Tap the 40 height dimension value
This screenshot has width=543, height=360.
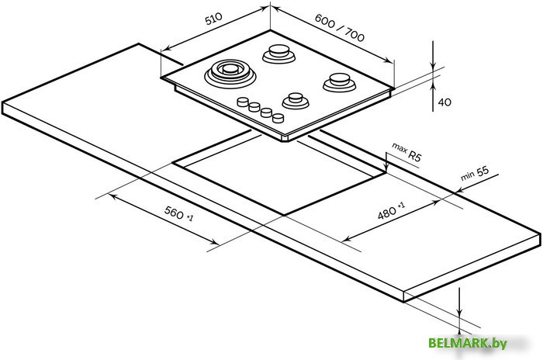tap(444, 102)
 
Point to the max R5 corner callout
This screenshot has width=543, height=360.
tap(406, 151)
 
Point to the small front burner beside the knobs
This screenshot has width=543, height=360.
tap(296, 99)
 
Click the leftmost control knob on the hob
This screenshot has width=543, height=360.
tap(244, 102)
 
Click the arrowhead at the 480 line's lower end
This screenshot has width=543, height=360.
tap(344, 239)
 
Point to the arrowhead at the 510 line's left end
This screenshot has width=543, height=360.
tap(164, 50)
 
